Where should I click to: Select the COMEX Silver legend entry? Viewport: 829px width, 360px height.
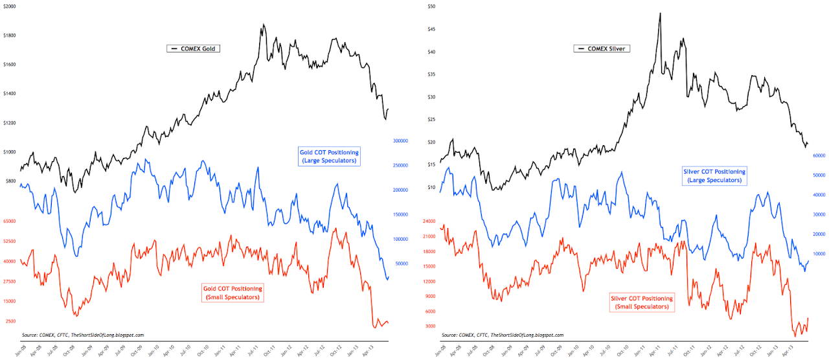click(x=603, y=49)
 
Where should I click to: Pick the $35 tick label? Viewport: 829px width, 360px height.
click(x=431, y=74)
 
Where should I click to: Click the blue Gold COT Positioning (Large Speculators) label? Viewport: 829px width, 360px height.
click(x=329, y=156)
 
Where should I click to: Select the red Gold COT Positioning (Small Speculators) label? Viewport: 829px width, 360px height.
click(x=233, y=293)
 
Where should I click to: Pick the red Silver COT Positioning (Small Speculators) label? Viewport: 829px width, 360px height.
click(x=642, y=302)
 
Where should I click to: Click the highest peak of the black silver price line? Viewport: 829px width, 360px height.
click(x=659, y=13)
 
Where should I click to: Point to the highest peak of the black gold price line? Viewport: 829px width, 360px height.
click(x=263, y=25)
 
